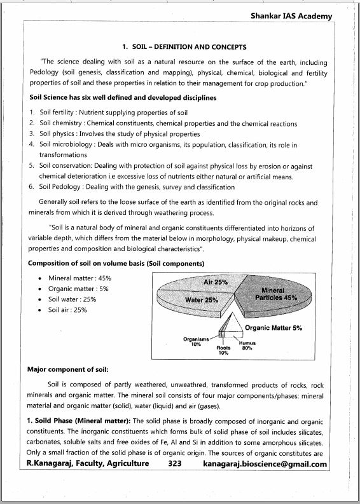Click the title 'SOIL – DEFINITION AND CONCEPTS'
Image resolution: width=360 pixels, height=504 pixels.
pos(183,47)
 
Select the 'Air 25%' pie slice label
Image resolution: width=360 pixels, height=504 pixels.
pos(215,282)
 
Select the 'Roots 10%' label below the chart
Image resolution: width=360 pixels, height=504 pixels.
pos(223,350)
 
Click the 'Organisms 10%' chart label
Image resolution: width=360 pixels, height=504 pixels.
pos(196,341)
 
